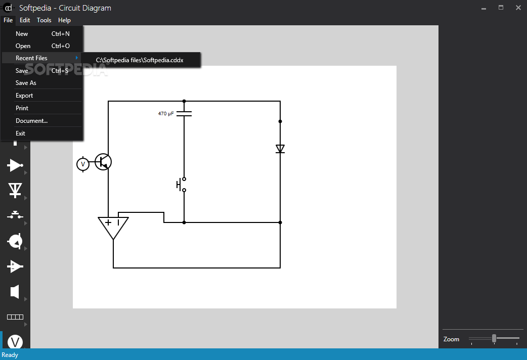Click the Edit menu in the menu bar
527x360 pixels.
tap(25, 20)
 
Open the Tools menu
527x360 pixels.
tap(44, 20)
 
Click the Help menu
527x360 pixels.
tap(64, 20)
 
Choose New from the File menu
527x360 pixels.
tap(22, 34)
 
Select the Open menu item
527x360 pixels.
tap(23, 46)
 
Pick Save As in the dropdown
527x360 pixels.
tap(26, 83)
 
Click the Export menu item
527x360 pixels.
tap(24, 96)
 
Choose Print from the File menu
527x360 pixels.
tap(22, 108)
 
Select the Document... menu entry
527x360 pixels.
tap(31, 121)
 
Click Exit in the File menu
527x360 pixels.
tap(20, 133)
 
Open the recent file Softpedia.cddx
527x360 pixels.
tap(140, 60)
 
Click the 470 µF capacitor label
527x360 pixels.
tap(166, 114)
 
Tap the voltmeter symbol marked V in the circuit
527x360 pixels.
tap(83, 164)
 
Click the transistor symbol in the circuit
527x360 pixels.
tap(103, 162)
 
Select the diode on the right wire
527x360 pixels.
tap(280, 149)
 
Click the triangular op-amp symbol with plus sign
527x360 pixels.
tap(113, 227)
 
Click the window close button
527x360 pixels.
tap(518, 8)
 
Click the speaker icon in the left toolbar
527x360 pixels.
tap(15, 292)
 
